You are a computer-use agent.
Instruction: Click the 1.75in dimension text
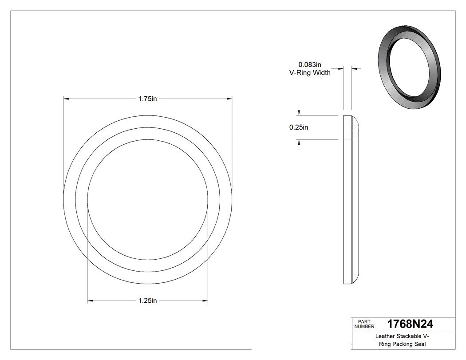point(147,99)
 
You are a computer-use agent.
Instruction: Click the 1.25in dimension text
point(147,301)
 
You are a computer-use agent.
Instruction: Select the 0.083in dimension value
point(309,65)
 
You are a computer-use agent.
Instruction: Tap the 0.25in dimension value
point(299,127)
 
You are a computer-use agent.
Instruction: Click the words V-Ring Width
point(310,73)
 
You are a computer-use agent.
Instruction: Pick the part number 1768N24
point(410,324)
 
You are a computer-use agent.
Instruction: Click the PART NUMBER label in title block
point(364,324)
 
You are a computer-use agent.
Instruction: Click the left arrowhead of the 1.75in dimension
point(66,99)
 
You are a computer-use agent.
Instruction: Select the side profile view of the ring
point(351,200)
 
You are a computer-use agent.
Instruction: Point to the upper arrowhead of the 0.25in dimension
point(299,113)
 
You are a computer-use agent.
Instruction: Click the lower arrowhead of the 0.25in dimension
point(299,142)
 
